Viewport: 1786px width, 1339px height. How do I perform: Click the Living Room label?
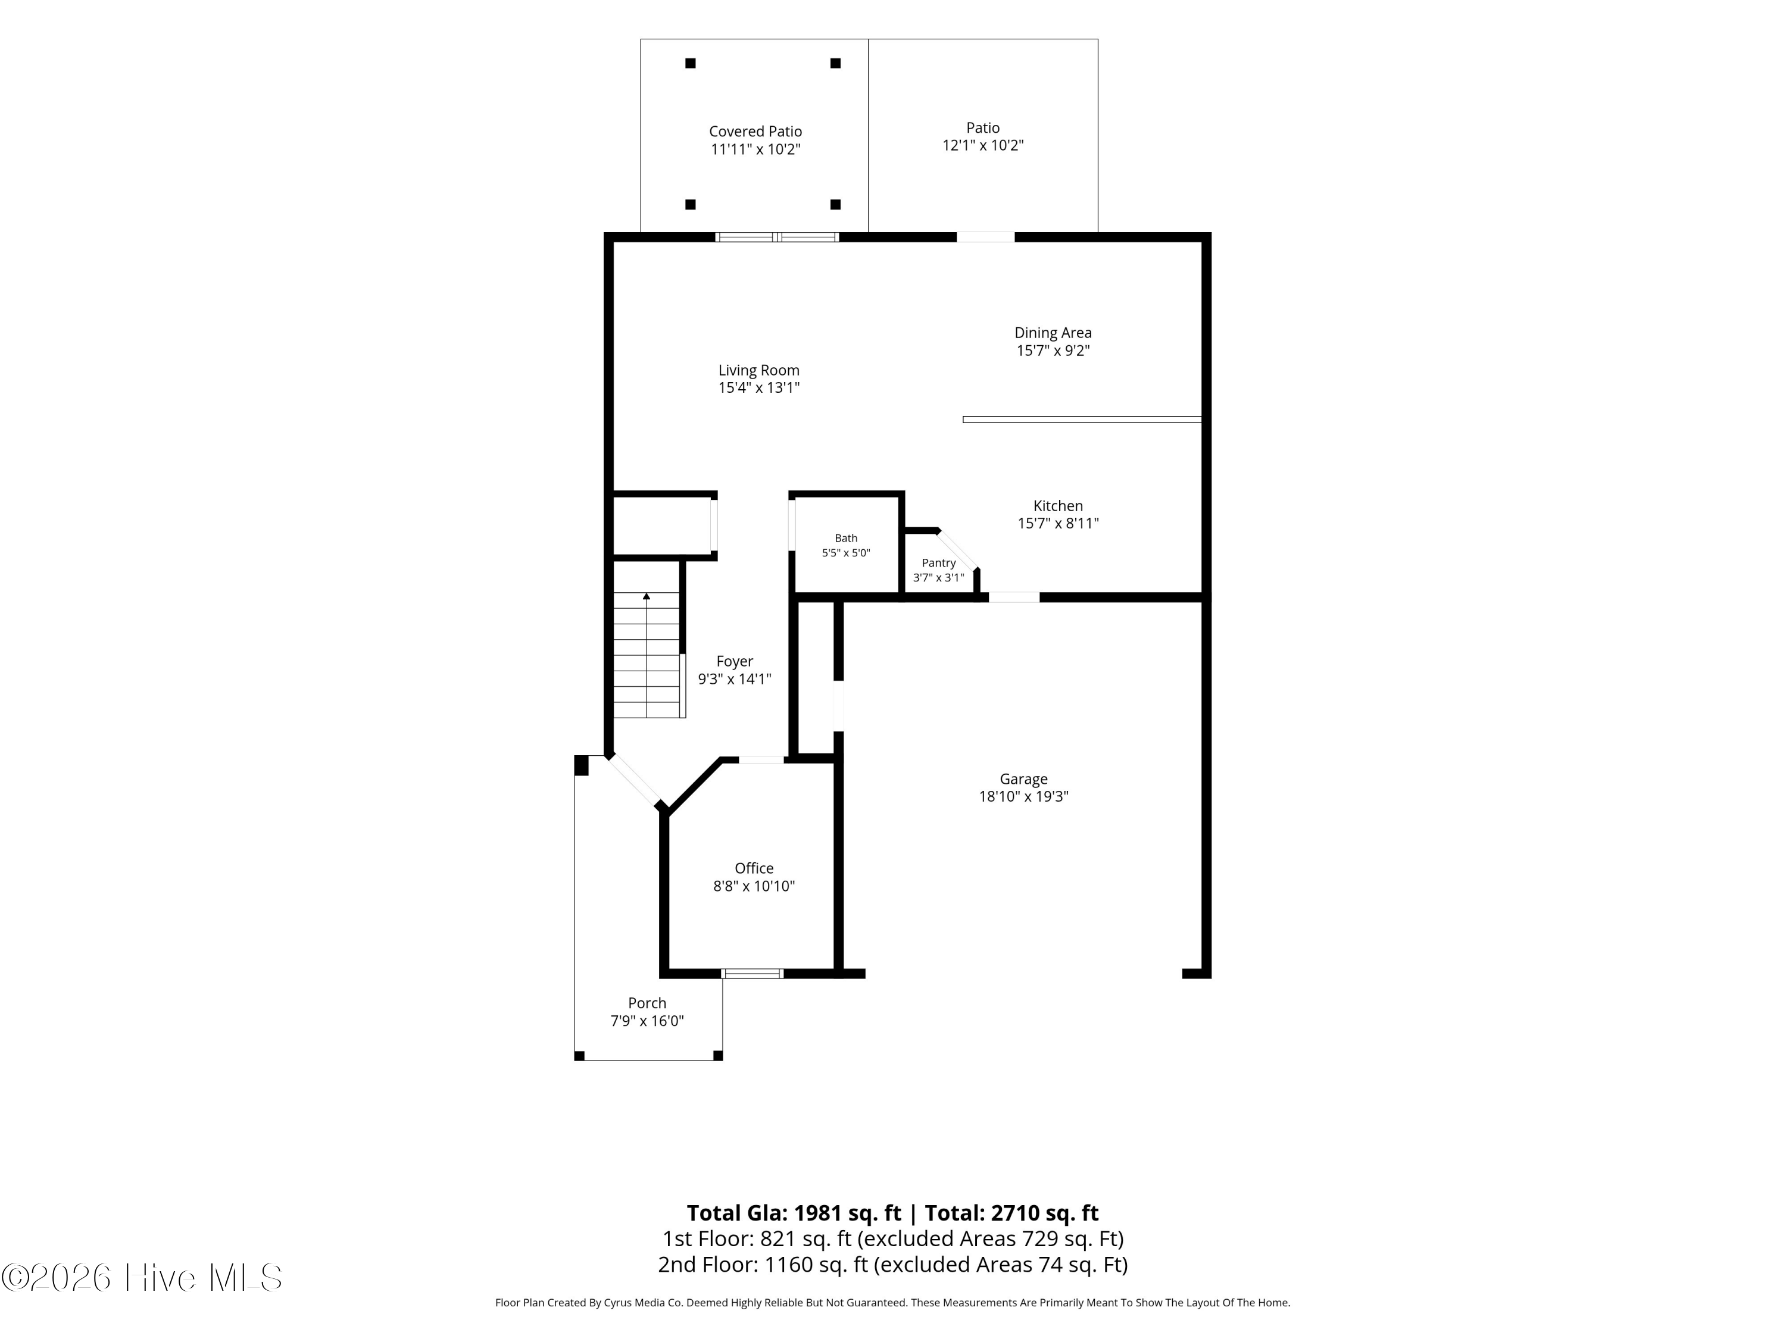point(759,371)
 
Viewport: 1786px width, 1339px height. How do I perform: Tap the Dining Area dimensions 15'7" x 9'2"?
point(1053,351)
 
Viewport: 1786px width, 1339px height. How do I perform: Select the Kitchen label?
point(1058,506)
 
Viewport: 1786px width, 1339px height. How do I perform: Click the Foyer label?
point(735,661)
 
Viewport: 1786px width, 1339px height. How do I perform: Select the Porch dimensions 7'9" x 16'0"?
point(647,1021)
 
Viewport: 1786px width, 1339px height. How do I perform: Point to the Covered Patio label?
point(755,132)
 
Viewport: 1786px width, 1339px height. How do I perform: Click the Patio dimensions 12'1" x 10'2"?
point(983,145)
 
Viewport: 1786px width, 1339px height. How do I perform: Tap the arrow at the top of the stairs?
point(646,596)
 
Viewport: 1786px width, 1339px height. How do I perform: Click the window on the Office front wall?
point(752,974)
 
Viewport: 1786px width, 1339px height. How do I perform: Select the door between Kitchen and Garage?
point(1014,597)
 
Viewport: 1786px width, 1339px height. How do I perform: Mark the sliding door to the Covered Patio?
point(777,237)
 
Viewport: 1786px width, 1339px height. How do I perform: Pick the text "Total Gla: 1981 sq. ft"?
point(794,1213)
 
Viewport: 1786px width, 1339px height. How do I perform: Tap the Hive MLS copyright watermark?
point(142,1278)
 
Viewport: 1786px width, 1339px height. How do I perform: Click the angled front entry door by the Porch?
point(634,780)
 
